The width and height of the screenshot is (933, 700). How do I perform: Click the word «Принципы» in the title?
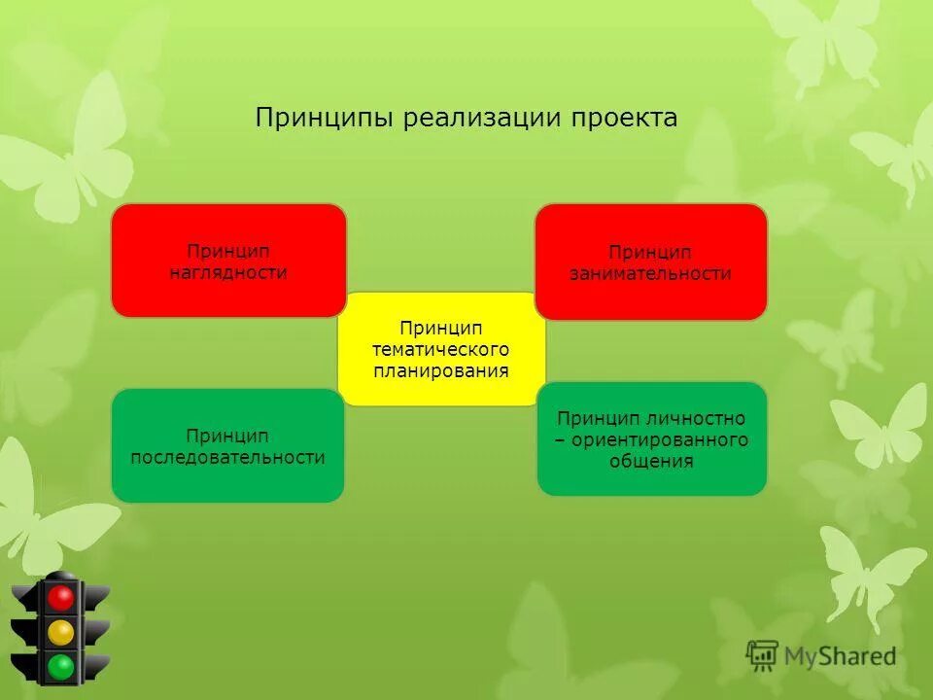(325, 119)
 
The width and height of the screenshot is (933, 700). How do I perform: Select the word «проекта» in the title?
(624, 119)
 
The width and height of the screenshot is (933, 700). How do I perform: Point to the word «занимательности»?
(650, 273)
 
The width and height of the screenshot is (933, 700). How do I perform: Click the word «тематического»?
(441, 349)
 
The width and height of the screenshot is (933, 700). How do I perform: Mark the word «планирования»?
(441, 370)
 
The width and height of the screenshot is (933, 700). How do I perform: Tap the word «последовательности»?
(228, 457)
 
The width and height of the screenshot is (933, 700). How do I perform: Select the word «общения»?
(651, 461)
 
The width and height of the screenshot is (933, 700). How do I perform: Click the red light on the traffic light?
(62, 598)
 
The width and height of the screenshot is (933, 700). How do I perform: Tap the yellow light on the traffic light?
(62, 632)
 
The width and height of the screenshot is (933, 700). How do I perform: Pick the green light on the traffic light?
(62, 666)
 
